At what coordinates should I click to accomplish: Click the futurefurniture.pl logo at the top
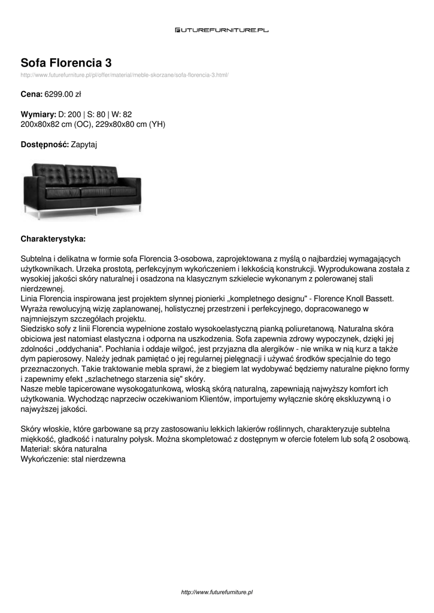221,30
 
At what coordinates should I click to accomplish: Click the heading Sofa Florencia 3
66,63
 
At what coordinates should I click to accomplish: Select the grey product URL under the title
125,75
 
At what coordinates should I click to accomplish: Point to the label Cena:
32,95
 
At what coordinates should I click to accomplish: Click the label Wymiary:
38,114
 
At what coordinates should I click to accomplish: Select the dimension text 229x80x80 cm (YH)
130,125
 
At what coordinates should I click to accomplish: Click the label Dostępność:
45,145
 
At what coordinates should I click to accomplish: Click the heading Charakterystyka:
53,239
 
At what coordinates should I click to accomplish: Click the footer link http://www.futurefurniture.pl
217,592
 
